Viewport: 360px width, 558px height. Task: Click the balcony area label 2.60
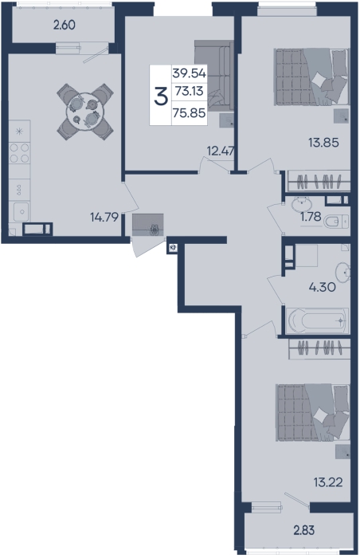point(64,26)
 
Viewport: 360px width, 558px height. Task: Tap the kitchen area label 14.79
point(104,217)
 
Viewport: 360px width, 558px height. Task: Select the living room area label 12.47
point(221,151)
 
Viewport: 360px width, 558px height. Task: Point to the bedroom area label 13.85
point(323,143)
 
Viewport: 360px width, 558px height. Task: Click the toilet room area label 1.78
point(311,216)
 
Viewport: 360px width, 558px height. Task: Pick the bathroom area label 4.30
point(322,287)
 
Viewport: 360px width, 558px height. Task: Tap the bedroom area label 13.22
point(328,482)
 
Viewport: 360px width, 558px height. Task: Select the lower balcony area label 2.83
point(304,530)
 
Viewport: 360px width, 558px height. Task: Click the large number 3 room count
point(161,96)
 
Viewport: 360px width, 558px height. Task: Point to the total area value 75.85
point(189,113)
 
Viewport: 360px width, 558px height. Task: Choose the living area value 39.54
point(190,73)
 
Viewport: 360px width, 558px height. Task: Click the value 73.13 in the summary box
point(190,91)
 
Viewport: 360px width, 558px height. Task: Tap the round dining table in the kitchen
point(85,112)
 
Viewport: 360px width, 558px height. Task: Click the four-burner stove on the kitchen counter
point(19,153)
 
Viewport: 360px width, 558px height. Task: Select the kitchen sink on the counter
point(22,211)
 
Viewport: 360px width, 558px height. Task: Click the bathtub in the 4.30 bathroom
point(317,320)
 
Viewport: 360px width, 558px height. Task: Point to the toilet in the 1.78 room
point(336,222)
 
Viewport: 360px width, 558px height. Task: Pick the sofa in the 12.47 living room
point(213,76)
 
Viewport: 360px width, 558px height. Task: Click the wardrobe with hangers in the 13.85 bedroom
point(319,181)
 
